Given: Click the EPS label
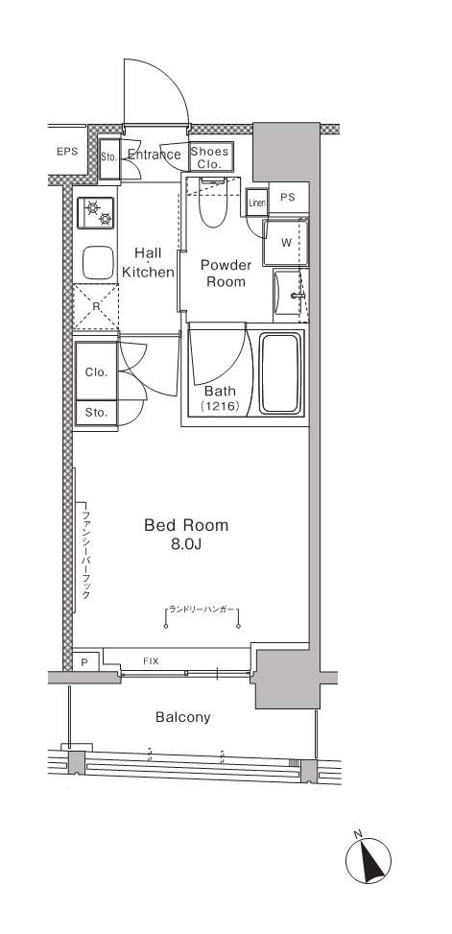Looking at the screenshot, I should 66,152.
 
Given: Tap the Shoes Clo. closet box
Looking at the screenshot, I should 209,156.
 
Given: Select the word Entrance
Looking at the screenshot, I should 154,155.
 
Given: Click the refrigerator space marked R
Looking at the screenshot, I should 96,307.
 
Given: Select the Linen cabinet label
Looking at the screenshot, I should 256,203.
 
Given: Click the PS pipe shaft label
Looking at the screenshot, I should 287,198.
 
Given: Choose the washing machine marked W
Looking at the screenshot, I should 286,241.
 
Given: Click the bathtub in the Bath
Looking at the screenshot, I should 281,373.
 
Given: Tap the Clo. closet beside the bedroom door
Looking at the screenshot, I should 96,372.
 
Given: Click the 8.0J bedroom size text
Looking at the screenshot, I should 186,545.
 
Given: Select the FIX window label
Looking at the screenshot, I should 152,661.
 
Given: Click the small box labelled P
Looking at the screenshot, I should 84,662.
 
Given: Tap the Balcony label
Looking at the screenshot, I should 182,717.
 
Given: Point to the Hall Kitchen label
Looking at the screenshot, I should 148,262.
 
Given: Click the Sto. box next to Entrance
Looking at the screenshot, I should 108,156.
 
